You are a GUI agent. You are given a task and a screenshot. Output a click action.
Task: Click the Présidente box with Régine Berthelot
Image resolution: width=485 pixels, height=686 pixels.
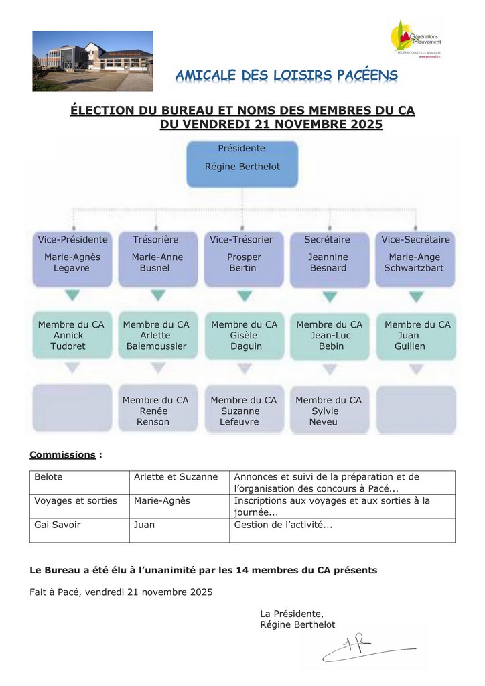[x=241, y=163]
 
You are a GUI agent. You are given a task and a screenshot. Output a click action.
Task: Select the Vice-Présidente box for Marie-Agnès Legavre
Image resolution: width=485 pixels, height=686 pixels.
[x=72, y=258]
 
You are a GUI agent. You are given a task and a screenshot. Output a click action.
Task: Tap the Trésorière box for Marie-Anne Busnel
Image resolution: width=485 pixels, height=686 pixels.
[x=157, y=258]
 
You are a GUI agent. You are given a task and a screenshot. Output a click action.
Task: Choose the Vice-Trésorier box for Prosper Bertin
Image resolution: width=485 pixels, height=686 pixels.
[x=244, y=258]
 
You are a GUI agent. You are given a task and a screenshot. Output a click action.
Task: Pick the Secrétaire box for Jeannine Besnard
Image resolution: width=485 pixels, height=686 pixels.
[x=328, y=258]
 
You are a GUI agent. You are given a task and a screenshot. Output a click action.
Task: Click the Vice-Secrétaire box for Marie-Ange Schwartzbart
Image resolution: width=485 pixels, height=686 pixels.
[x=415, y=258]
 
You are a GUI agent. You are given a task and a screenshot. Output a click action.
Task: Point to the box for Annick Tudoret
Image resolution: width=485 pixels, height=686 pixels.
[x=71, y=335]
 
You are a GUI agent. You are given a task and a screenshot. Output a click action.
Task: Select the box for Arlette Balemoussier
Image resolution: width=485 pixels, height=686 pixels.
[x=156, y=335]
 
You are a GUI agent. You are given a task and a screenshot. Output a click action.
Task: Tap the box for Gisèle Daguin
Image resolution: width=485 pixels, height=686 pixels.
[x=244, y=335]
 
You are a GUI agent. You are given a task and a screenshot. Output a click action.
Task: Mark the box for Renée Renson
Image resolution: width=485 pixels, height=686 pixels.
[x=155, y=410]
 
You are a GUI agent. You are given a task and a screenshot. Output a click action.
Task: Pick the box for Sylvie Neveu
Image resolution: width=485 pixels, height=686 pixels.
[x=328, y=410]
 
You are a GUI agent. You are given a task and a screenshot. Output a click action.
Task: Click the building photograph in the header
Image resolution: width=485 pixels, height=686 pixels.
[x=92, y=61]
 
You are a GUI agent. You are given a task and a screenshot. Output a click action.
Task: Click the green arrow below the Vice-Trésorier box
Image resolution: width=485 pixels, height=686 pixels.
[x=244, y=295]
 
